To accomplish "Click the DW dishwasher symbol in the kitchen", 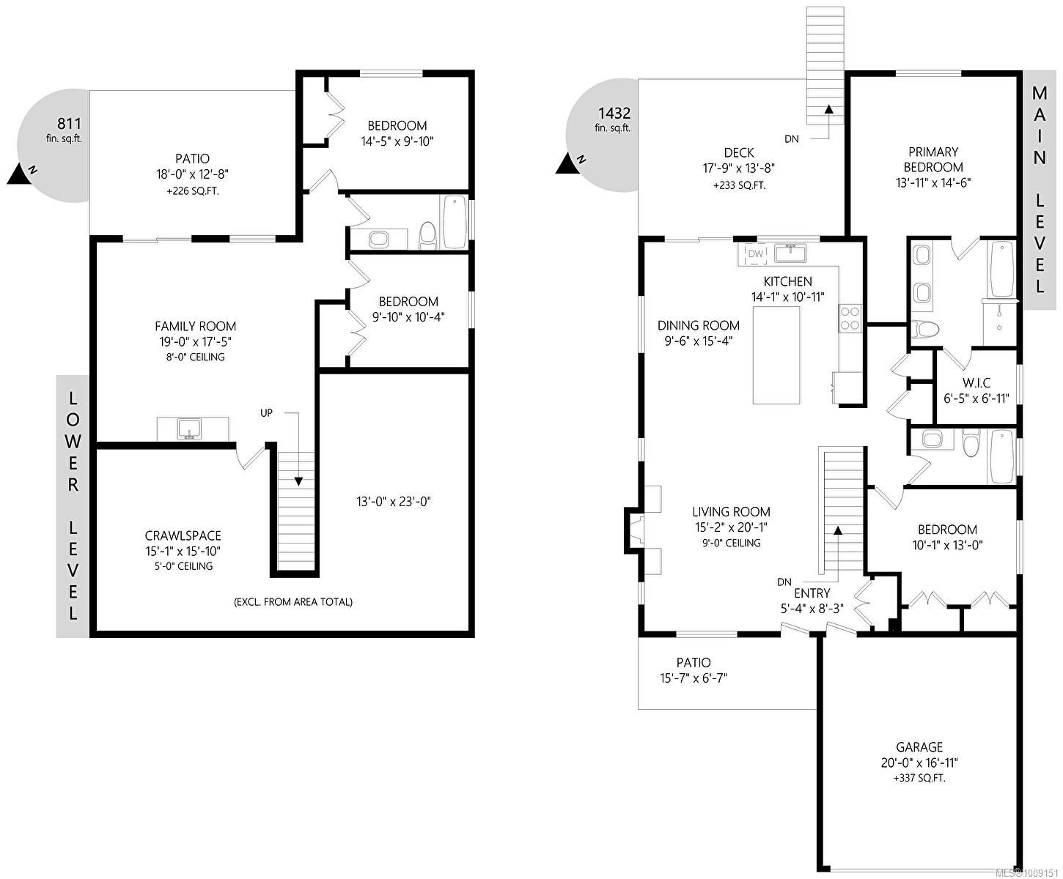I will [756, 254].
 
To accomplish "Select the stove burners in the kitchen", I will [850, 319].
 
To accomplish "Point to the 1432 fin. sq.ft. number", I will [614, 114].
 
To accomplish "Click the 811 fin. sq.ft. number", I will [69, 123].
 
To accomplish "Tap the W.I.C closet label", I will [976, 383].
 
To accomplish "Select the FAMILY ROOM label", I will [195, 327].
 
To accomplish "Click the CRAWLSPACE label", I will [183, 536].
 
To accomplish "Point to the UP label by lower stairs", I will [266, 413].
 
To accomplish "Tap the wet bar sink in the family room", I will [190, 429].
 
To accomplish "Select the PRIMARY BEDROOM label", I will [933, 160].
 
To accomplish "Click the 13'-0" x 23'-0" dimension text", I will [393, 502].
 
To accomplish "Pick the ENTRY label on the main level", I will [812, 593].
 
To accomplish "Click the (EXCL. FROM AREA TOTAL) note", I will [293, 602].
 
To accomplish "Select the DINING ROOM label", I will [698, 326].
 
